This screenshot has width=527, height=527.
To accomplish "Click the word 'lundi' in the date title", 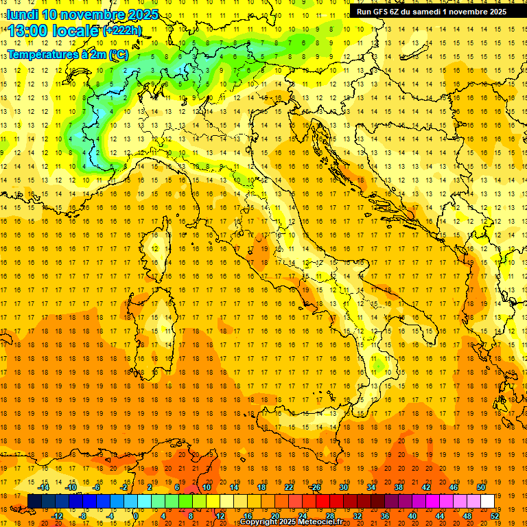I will (x=21, y=14).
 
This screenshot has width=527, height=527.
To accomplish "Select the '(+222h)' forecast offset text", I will (x=122, y=30).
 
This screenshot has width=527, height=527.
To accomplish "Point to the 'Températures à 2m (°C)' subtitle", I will (x=67, y=54).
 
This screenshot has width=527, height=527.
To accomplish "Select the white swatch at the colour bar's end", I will (x=487, y=501).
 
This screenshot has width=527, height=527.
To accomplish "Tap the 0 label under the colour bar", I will (x=135, y=515).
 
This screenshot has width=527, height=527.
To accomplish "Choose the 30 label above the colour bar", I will (x=344, y=487).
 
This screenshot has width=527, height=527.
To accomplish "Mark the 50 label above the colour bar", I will (x=481, y=487).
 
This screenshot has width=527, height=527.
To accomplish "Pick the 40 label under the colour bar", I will (x=412, y=515).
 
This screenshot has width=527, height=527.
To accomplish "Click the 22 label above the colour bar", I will (x=289, y=487).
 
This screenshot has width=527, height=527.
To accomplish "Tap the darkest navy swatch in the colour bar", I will (x=34, y=501).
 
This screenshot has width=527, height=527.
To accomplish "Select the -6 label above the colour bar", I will (x=97, y=487).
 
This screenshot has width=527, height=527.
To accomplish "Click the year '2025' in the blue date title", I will (x=143, y=14).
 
